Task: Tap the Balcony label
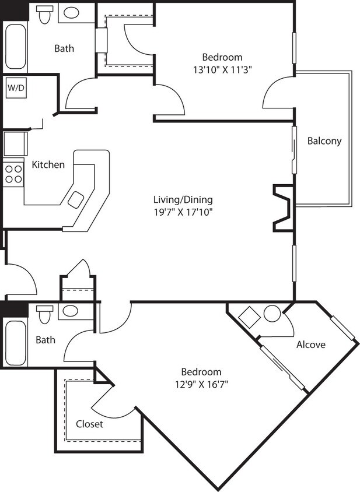point(324,140)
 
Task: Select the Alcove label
point(310,345)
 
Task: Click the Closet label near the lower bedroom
point(89,424)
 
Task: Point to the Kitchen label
point(48,164)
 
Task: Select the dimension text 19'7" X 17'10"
point(179,212)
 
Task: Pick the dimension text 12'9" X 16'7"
point(201,384)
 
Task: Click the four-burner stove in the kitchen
point(13,173)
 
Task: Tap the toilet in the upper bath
point(44,15)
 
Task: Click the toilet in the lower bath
point(44,315)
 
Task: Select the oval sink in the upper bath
point(72,13)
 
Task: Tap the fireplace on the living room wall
point(282,208)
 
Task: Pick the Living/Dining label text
point(179,199)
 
